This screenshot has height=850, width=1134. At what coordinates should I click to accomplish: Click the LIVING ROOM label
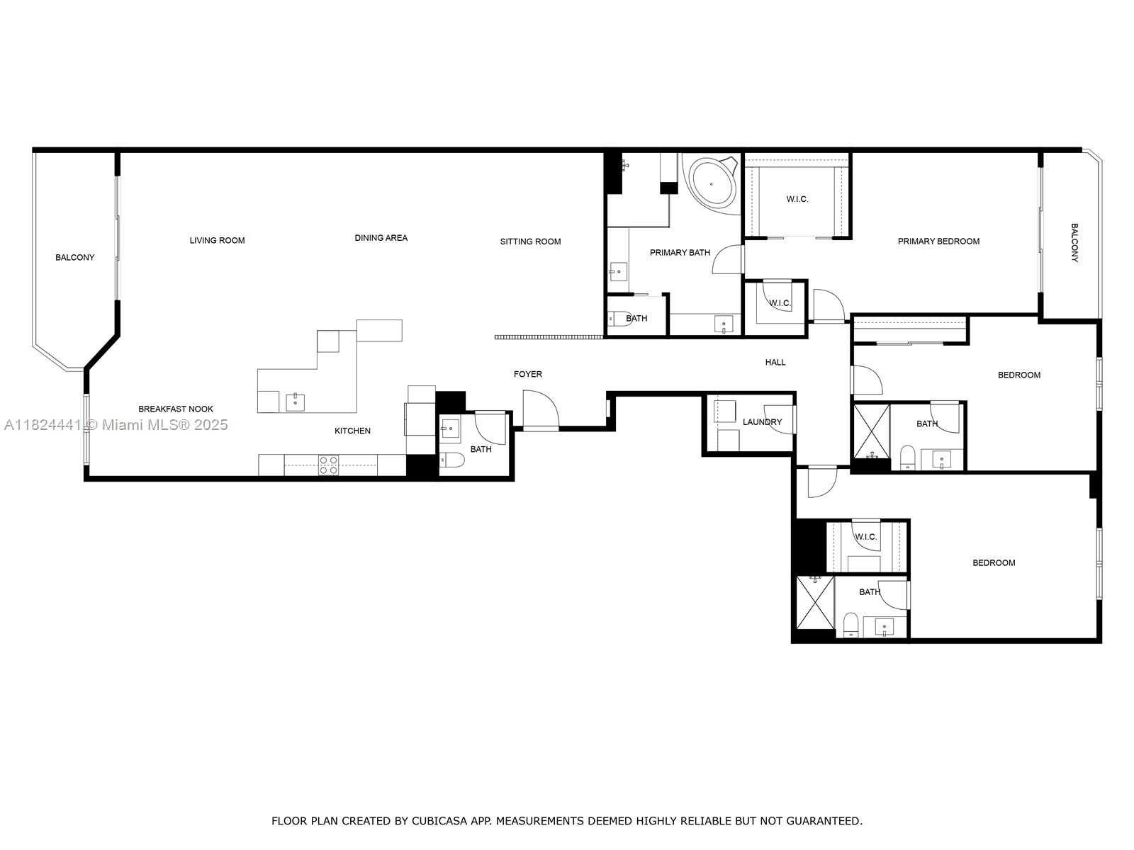pyautogui.click(x=217, y=240)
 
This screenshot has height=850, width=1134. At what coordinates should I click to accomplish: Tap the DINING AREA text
pyautogui.click(x=381, y=238)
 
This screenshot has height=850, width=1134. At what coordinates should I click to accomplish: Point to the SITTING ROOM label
pyautogui.click(x=530, y=242)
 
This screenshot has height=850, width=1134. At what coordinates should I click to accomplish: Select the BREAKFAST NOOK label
pyautogui.click(x=175, y=409)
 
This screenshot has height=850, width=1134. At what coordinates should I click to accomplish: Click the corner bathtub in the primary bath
pyautogui.click(x=711, y=183)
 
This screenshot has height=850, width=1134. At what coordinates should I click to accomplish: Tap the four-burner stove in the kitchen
pyautogui.click(x=328, y=465)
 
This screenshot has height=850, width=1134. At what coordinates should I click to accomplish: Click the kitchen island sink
pyautogui.click(x=295, y=402)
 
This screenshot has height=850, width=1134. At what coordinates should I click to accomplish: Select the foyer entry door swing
pyautogui.click(x=540, y=411)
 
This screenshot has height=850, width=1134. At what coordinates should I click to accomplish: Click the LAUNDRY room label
pyautogui.click(x=762, y=422)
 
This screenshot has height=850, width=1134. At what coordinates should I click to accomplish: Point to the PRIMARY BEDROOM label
pyautogui.click(x=938, y=242)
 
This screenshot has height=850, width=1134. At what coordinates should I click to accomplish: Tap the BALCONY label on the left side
pyautogui.click(x=74, y=258)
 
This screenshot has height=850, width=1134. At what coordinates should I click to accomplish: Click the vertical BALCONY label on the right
pyautogui.click(x=1074, y=243)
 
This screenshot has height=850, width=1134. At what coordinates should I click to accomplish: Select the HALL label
pyautogui.click(x=775, y=362)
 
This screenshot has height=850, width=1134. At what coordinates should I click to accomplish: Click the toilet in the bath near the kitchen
pyautogui.click(x=451, y=461)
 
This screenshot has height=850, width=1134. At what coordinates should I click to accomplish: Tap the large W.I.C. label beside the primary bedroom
pyautogui.click(x=797, y=199)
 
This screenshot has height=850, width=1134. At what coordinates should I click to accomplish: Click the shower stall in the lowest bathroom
pyautogui.click(x=815, y=602)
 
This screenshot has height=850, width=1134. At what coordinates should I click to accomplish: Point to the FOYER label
pyautogui.click(x=527, y=374)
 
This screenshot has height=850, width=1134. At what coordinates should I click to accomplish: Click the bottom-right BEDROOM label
pyautogui.click(x=994, y=563)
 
